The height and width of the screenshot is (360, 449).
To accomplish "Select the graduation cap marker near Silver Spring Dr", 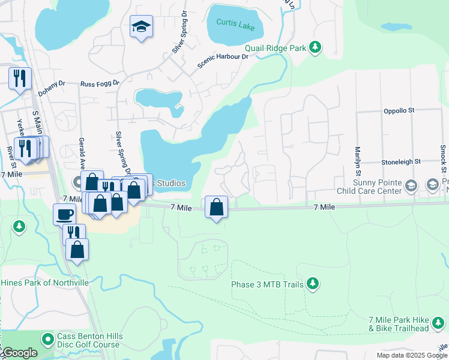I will coord(141,27).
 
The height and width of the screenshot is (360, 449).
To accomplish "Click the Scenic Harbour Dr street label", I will coord(223,59).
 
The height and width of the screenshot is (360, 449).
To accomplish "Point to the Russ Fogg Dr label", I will coord(100,84).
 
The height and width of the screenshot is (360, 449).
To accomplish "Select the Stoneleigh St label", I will coord(401,162).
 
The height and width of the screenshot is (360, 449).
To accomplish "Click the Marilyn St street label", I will coord(357,159).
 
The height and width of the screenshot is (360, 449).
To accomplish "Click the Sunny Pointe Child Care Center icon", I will coord(411,185).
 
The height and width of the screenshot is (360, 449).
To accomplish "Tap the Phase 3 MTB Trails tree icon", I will coord(312,282).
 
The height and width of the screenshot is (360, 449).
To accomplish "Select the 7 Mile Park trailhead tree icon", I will coord(440,325).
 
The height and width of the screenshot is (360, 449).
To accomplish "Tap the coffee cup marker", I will coord(64,214).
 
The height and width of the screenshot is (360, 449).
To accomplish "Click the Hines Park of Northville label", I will coord(44,283).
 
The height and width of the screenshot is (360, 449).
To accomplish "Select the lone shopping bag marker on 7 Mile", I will coord(216,207).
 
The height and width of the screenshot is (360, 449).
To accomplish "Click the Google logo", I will coord(19,353).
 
